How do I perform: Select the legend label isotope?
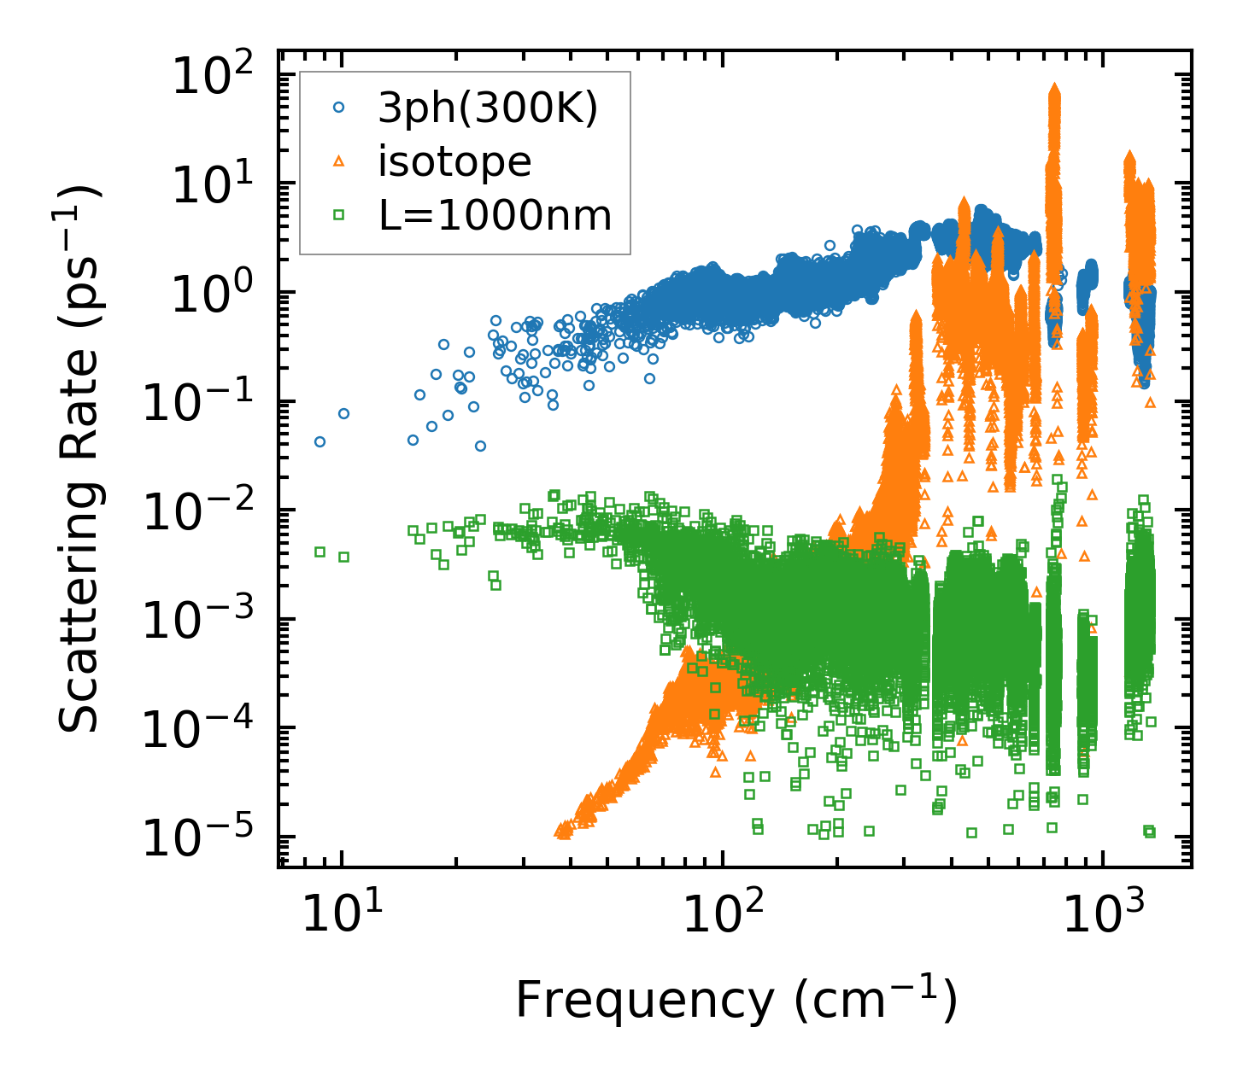(454, 161)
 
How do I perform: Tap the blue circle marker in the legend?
(339, 108)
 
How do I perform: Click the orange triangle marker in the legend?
(339, 161)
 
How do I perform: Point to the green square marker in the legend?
(339, 215)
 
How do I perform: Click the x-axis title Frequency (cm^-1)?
(736, 1001)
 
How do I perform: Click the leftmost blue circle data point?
(320, 441)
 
